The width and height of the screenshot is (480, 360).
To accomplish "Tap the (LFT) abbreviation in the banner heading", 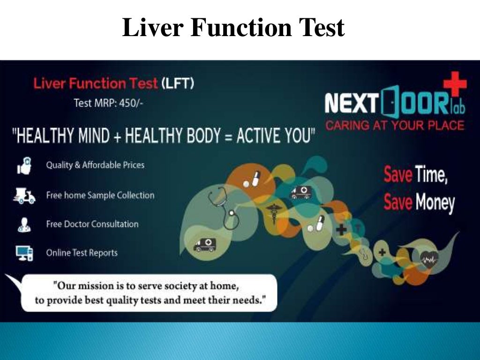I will [x=178, y=84].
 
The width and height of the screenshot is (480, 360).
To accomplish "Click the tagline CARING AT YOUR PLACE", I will [x=395, y=125].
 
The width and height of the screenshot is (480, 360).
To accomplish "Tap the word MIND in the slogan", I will [x=99, y=136].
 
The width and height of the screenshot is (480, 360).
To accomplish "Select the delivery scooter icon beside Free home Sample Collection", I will [x=24, y=196].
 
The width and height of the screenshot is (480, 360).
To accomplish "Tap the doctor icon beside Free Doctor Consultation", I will [x=24, y=224].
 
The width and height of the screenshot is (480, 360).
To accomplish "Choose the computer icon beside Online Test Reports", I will [x=24, y=253].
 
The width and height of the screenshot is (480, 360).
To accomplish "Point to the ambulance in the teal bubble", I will [x=299, y=192].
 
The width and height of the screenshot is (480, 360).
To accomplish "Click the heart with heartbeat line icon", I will [x=427, y=257].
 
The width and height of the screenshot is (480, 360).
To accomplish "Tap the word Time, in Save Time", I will [x=431, y=175].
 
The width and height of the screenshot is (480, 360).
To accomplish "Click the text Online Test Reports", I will [x=82, y=253].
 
